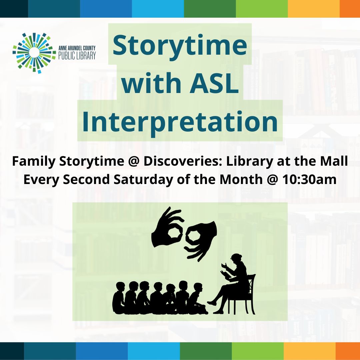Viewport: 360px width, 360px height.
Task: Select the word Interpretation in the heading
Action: click(x=180, y=122)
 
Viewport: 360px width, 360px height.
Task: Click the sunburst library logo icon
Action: click(x=34, y=53)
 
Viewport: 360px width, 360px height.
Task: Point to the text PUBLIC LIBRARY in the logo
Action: click(x=77, y=56)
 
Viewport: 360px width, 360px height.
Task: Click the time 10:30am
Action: click(x=309, y=180)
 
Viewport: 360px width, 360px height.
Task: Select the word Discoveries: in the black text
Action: click(x=183, y=161)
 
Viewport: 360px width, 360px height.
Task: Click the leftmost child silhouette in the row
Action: click(x=119, y=298)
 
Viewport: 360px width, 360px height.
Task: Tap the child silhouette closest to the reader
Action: click(x=198, y=298)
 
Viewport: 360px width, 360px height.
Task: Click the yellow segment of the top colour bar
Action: click(x=314, y=8)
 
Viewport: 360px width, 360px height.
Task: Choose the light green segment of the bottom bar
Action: click(x=258, y=351)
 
